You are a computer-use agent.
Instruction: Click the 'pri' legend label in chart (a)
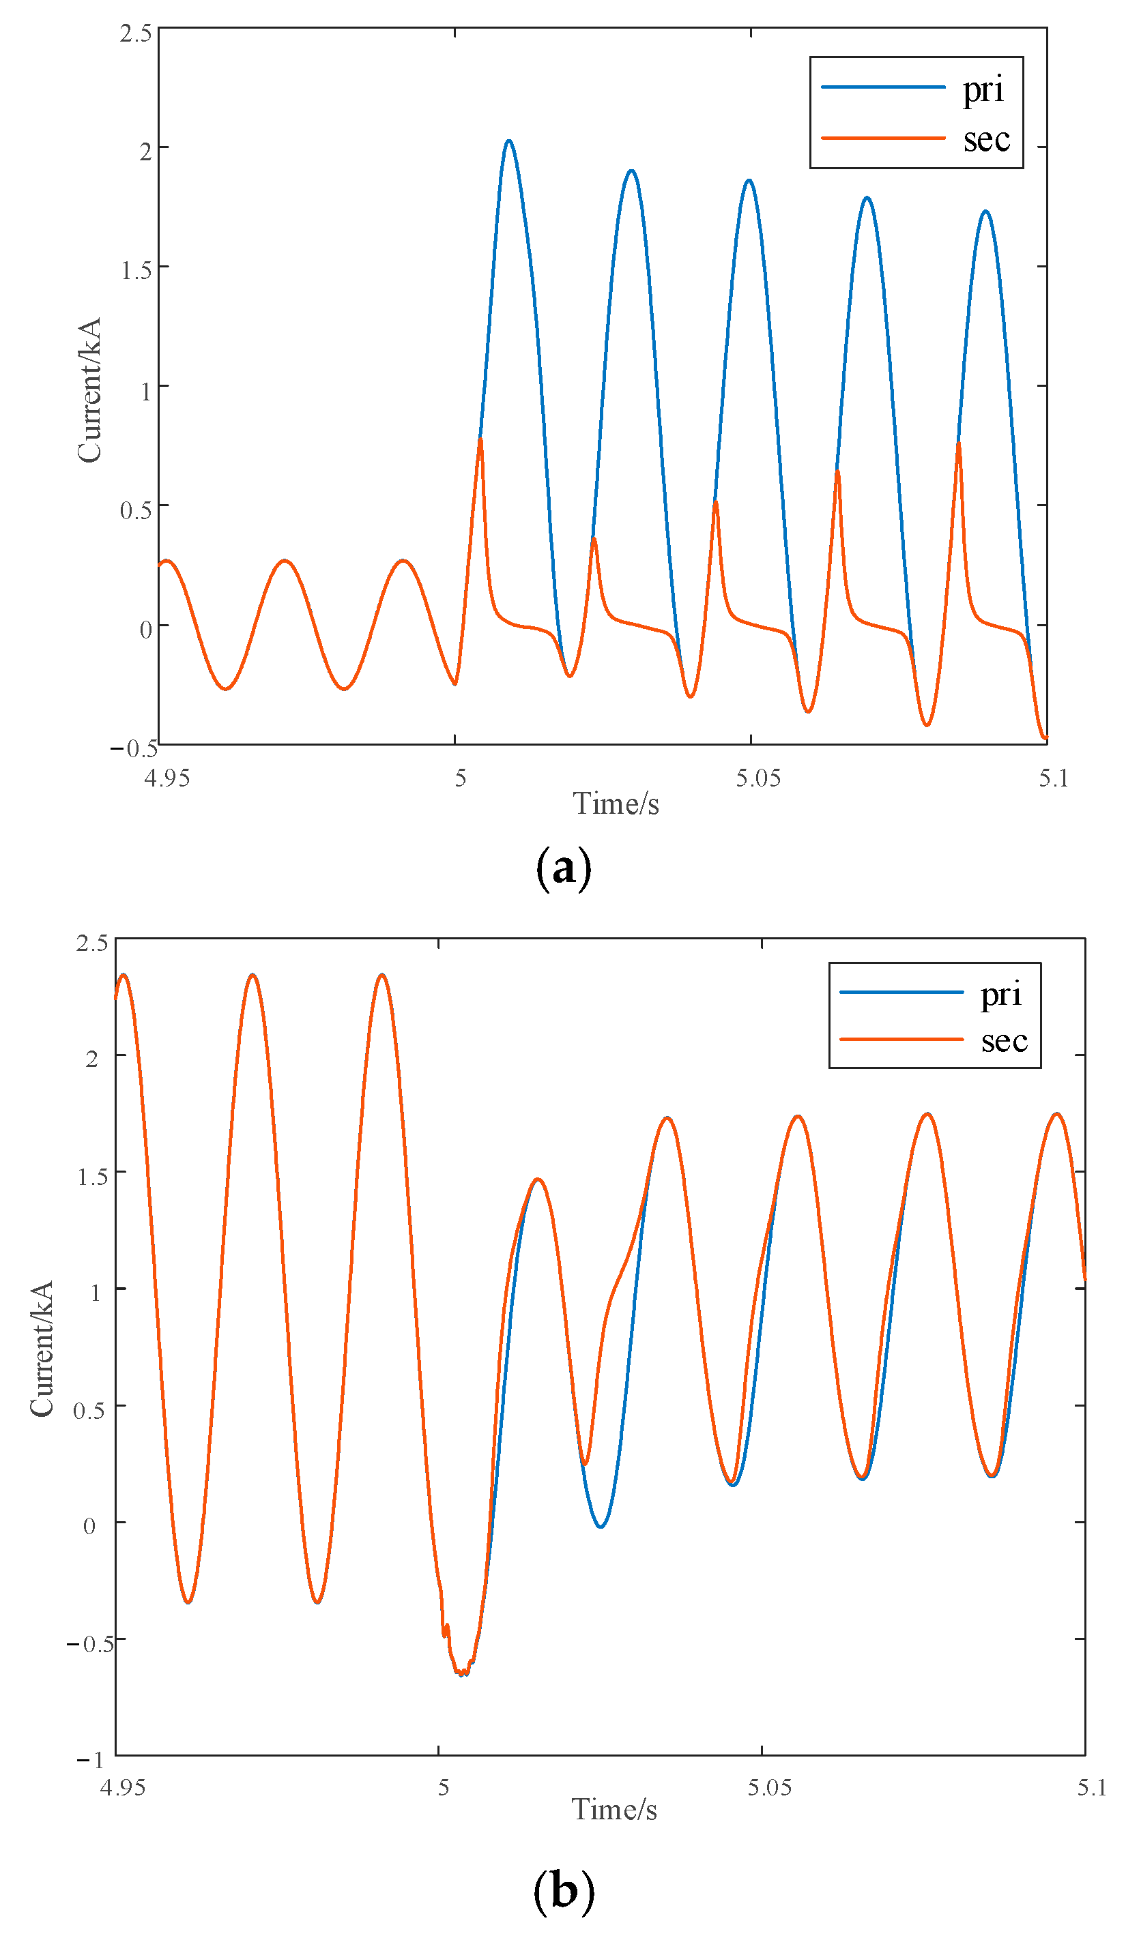tap(982, 90)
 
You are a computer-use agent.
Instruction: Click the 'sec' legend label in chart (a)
tap(986, 139)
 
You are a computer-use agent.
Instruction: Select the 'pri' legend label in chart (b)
tap(1000, 995)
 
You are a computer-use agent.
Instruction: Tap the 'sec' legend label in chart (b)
tap(1004, 1041)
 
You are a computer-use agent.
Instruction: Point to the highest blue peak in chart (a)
tap(508, 141)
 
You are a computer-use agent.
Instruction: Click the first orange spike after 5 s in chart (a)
tap(480, 440)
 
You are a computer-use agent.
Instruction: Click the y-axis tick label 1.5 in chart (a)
tap(135, 271)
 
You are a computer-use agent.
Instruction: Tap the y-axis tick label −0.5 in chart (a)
tap(134, 748)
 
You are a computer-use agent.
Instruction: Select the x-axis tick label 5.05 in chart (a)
tap(757, 778)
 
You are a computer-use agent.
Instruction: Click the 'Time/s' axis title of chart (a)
tap(616, 804)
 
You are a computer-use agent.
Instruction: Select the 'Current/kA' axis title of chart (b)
tap(42, 1349)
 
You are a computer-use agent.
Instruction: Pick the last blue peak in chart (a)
tap(985, 211)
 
